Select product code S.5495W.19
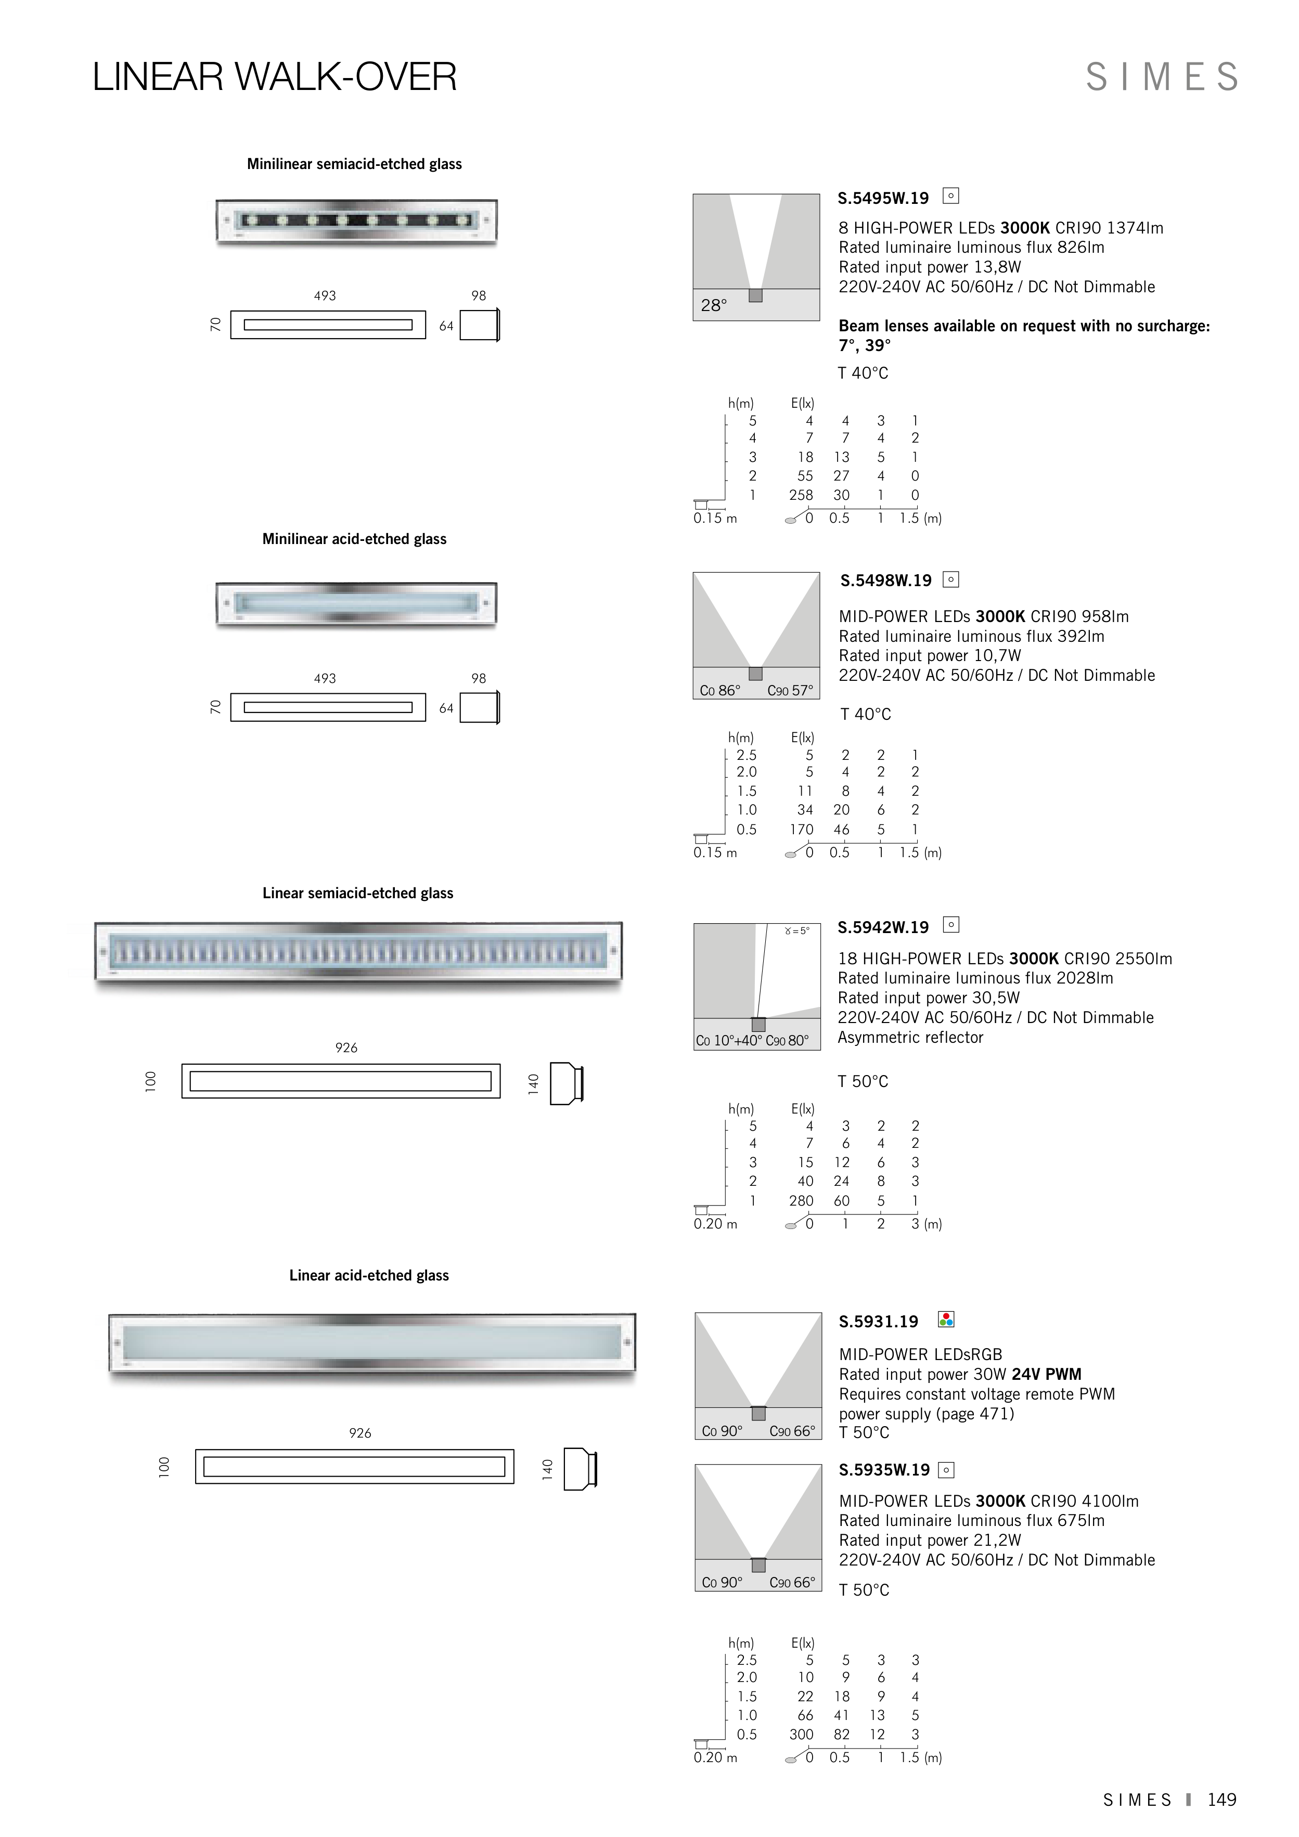tap(883, 199)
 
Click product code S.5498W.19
tap(885, 581)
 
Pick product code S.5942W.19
tap(883, 927)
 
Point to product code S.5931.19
tap(878, 1322)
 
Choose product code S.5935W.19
tap(884, 1470)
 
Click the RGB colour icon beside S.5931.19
tap(946, 1320)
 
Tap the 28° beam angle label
tap(713, 306)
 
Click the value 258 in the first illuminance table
tap(801, 495)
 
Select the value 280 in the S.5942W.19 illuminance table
tap(801, 1201)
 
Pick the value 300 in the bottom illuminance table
tap(801, 1735)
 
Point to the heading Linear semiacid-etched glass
tap(358, 894)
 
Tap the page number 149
tap(1221, 1800)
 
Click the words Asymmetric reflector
tap(910, 1038)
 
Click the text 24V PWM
tap(1046, 1375)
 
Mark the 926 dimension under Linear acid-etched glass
tap(360, 1433)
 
